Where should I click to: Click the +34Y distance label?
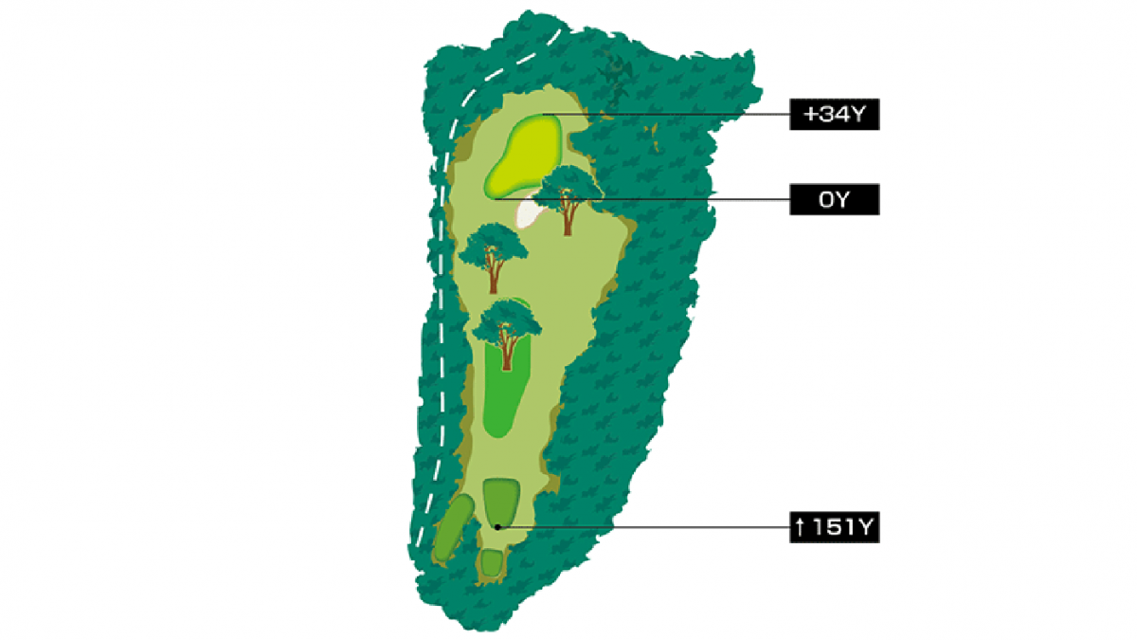(x=835, y=116)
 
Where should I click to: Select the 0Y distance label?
(x=835, y=199)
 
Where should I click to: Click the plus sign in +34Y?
(x=808, y=116)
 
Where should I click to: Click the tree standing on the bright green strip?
(x=508, y=327)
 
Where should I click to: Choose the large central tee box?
(x=500, y=503)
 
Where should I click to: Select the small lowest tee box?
(x=491, y=562)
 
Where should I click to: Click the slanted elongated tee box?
(x=453, y=527)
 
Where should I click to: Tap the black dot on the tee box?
(x=496, y=526)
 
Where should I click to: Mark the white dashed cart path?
(x=439, y=284)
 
